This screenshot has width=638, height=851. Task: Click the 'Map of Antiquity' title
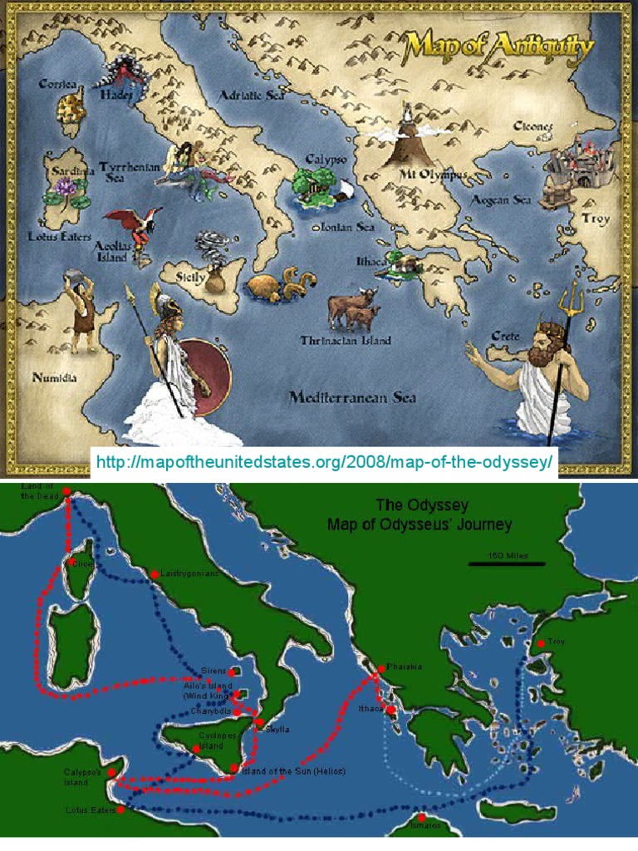[499, 47]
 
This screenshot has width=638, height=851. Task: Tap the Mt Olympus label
[434, 175]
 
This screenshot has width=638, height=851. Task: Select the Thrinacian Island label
[346, 340]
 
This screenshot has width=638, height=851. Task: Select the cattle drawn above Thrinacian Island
[352, 309]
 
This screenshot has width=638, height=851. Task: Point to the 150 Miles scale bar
[498, 563]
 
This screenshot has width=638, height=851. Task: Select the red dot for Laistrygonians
[155, 574]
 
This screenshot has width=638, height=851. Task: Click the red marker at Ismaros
[421, 818]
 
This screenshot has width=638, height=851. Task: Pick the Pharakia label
[405, 667]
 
